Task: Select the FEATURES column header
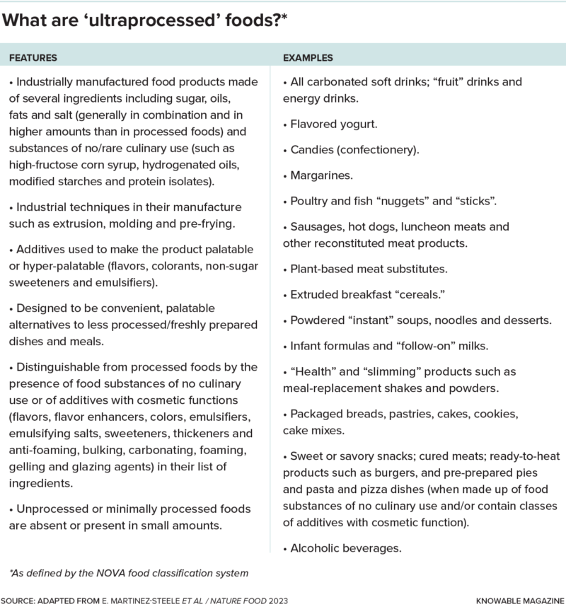[x=33, y=57]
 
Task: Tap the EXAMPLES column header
[x=308, y=57]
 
